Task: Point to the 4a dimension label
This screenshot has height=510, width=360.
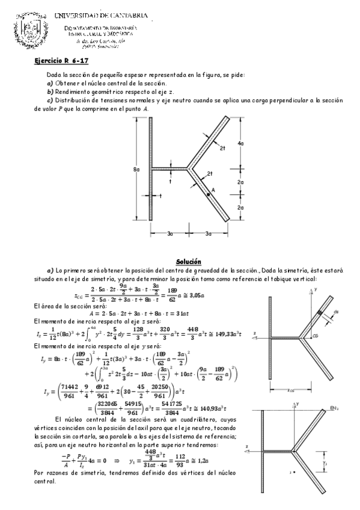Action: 240,143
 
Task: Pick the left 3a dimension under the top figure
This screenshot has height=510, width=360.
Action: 170,233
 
